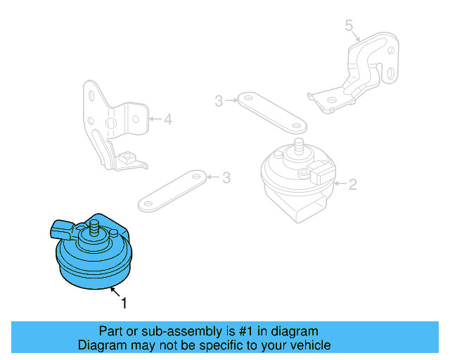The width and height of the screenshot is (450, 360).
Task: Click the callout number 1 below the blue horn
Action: tap(124, 304)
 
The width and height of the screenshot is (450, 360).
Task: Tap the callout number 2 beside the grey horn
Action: tap(353, 185)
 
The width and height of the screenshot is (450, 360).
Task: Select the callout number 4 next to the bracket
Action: tap(167, 120)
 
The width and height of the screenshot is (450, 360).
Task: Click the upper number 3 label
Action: tap(219, 101)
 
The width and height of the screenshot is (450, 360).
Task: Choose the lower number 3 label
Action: tap(226, 178)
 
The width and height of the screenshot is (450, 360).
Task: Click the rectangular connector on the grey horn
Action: tap(323, 171)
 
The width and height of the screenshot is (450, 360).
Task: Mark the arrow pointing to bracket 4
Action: tap(155, 120)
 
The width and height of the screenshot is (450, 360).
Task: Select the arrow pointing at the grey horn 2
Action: tap(340, 184)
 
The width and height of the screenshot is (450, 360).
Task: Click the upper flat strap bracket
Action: tap(271, 112)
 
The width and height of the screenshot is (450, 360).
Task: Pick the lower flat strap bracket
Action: tap(174, 190)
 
